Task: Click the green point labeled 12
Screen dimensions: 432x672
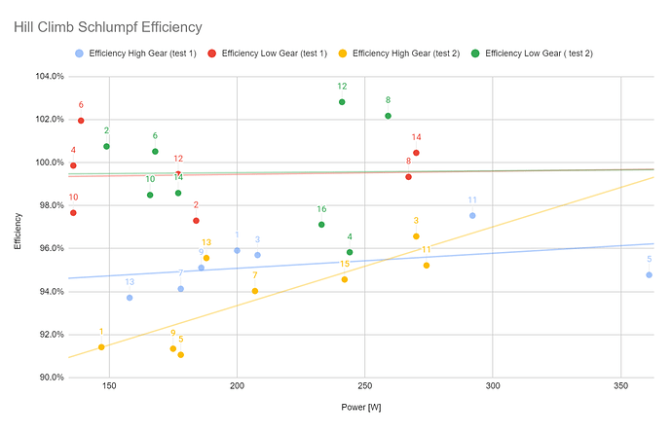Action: (342, 101)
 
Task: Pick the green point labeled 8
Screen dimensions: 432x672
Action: (388, 116)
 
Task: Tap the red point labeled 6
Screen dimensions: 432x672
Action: (81, 121)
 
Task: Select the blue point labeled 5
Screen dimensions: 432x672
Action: (649, 274)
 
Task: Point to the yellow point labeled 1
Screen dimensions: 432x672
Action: (101, 346)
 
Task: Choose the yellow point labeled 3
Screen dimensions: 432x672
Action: (416, 236)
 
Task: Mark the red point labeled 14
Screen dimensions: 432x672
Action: (416, 153)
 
